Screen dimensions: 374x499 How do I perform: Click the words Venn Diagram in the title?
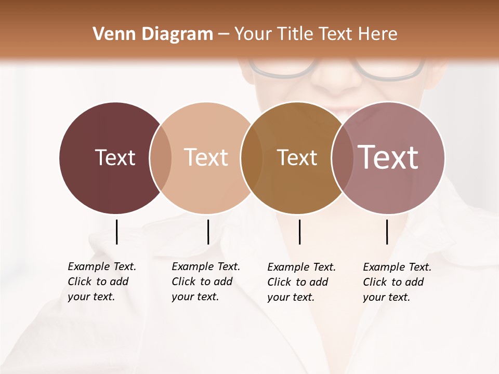(x=153, y=34)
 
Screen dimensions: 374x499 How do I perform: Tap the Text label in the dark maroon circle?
(x=115, y=157)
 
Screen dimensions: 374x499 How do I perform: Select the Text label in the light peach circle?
(x=206, y=157)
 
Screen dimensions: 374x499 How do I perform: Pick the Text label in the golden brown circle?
(x=297, y=157)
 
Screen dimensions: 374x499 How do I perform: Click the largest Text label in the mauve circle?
(x=388, y=157)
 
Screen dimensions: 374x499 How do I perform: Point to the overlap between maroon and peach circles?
(x=161, y=158)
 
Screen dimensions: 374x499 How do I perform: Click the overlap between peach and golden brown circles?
(x=252, y=158)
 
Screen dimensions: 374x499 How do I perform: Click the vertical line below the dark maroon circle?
(x=116, y=232)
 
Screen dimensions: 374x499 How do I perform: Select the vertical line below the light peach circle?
(x=208, y=232)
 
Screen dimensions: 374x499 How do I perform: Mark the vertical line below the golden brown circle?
(x=299, y=232)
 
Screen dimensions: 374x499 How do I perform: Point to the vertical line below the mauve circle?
(x=387, y=232)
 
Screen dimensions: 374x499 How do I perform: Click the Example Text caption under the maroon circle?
(x=102, y=282)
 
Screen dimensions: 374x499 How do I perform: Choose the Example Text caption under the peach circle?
(x=206, y=282)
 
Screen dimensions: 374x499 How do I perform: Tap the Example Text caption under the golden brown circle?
(x=301, y=282)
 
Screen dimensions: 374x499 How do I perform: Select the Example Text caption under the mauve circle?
(x=397, y=282)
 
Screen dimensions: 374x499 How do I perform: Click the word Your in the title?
(x=252, y=34)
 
